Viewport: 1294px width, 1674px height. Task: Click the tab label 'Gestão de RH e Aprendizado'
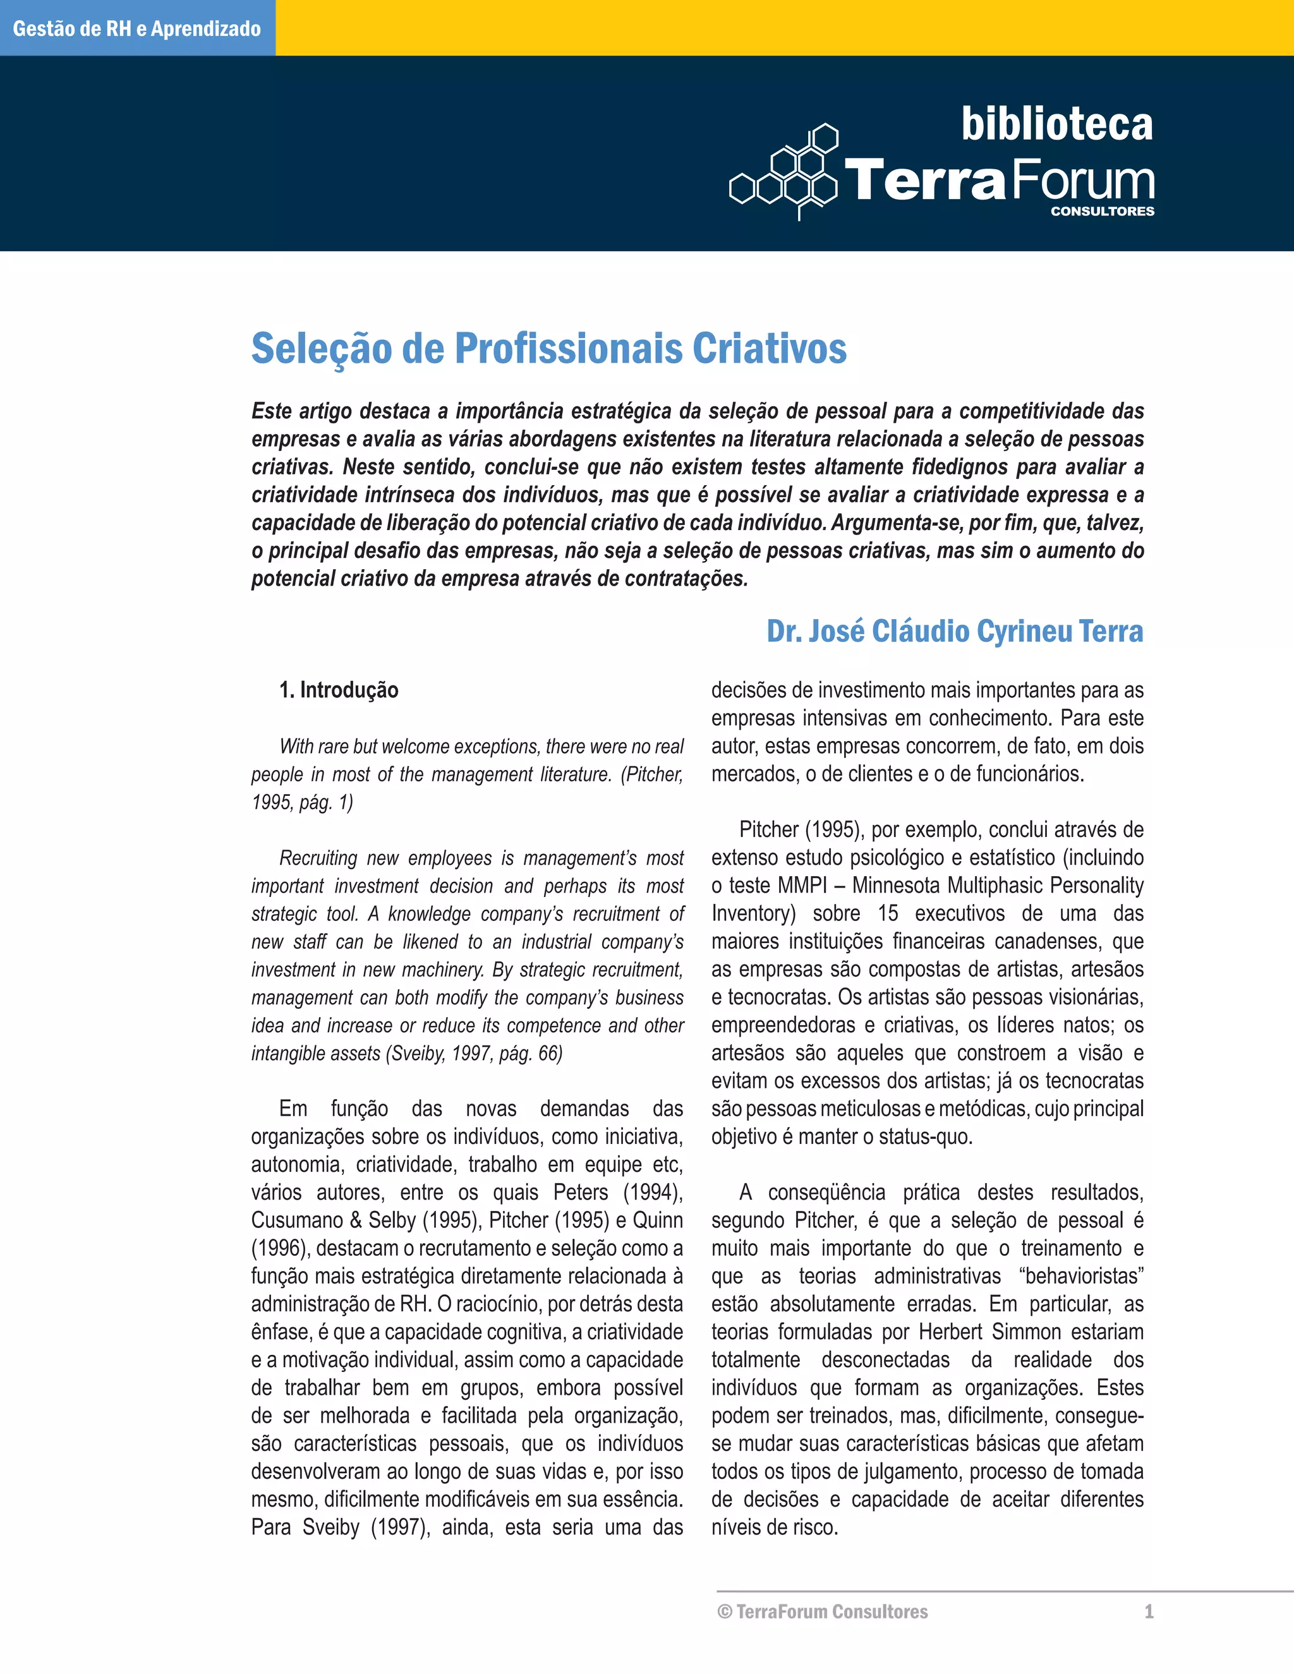pos(137,29)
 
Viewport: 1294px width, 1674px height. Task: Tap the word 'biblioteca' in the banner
pos(1056,125)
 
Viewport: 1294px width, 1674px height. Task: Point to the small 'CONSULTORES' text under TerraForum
pos(1101,212)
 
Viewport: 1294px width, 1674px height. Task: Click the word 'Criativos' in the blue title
pos(770,349)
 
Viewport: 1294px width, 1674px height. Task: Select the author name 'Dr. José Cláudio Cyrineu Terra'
pos(955,632)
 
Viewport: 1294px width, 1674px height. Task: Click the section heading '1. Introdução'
pos(338,690)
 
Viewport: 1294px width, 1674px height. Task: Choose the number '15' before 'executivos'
pos(888,913)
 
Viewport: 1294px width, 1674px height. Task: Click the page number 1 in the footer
pos(1148,1611)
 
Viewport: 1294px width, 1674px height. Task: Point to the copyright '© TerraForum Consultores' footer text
pos(822,1611)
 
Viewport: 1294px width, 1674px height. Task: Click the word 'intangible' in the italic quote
pos(281,1053)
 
